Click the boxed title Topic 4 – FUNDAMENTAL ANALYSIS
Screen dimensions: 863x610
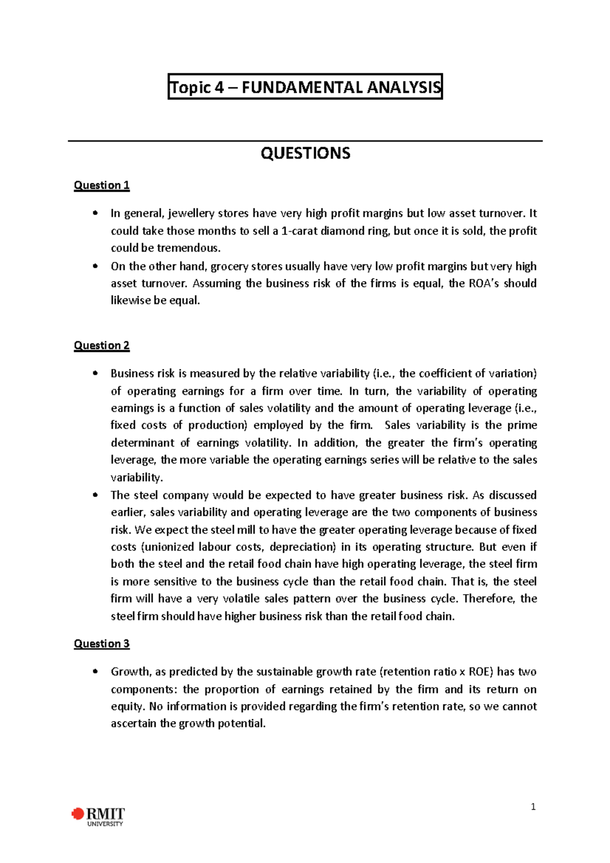click(305, 87)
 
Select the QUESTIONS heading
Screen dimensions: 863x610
click(305, 153)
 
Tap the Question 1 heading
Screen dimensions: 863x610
click(102, 186)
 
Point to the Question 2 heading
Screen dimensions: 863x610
click(102, 346)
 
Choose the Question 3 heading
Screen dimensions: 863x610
click(102, 644)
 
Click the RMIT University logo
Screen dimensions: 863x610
click(99, 816)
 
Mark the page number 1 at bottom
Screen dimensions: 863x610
click(533, 807)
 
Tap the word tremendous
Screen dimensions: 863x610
click(188, 249)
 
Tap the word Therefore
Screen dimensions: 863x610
click(489, 599)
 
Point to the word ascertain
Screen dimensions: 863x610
click(133, 724)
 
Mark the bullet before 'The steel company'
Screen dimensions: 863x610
click(95, 496)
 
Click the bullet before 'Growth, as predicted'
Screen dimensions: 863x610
click(95, 672)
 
